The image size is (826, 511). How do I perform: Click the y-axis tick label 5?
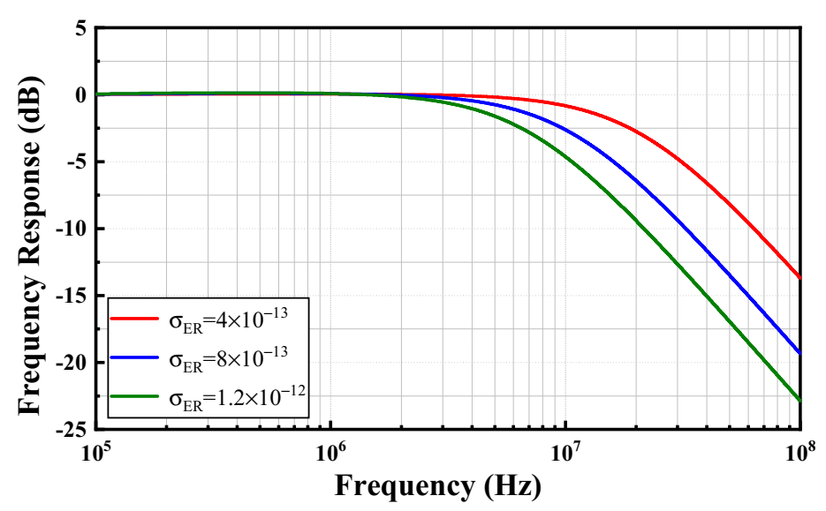pos(79,28)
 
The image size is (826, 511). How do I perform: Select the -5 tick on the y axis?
pos(74,162)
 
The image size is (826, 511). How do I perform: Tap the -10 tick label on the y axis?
pos(69,229)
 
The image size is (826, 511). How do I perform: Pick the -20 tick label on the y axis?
pos(69,363)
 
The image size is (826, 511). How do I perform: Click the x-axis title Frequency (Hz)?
pos(436,486)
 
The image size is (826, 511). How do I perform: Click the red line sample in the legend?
pos(134,317)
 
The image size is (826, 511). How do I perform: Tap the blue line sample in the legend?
pos(134,357)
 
